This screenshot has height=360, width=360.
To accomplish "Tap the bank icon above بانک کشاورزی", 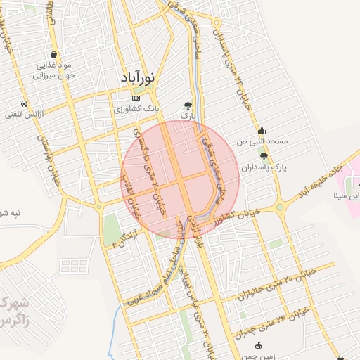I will click(136, 98).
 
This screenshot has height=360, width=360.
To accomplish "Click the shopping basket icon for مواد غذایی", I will click(54, 55).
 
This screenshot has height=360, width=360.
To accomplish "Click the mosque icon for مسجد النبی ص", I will click(262, 130).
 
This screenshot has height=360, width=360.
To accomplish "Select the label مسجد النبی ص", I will click(262, 141).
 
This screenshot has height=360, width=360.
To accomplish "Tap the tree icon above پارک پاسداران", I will click(264, 157).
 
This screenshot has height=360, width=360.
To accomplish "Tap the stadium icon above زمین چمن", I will click(259, 345).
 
